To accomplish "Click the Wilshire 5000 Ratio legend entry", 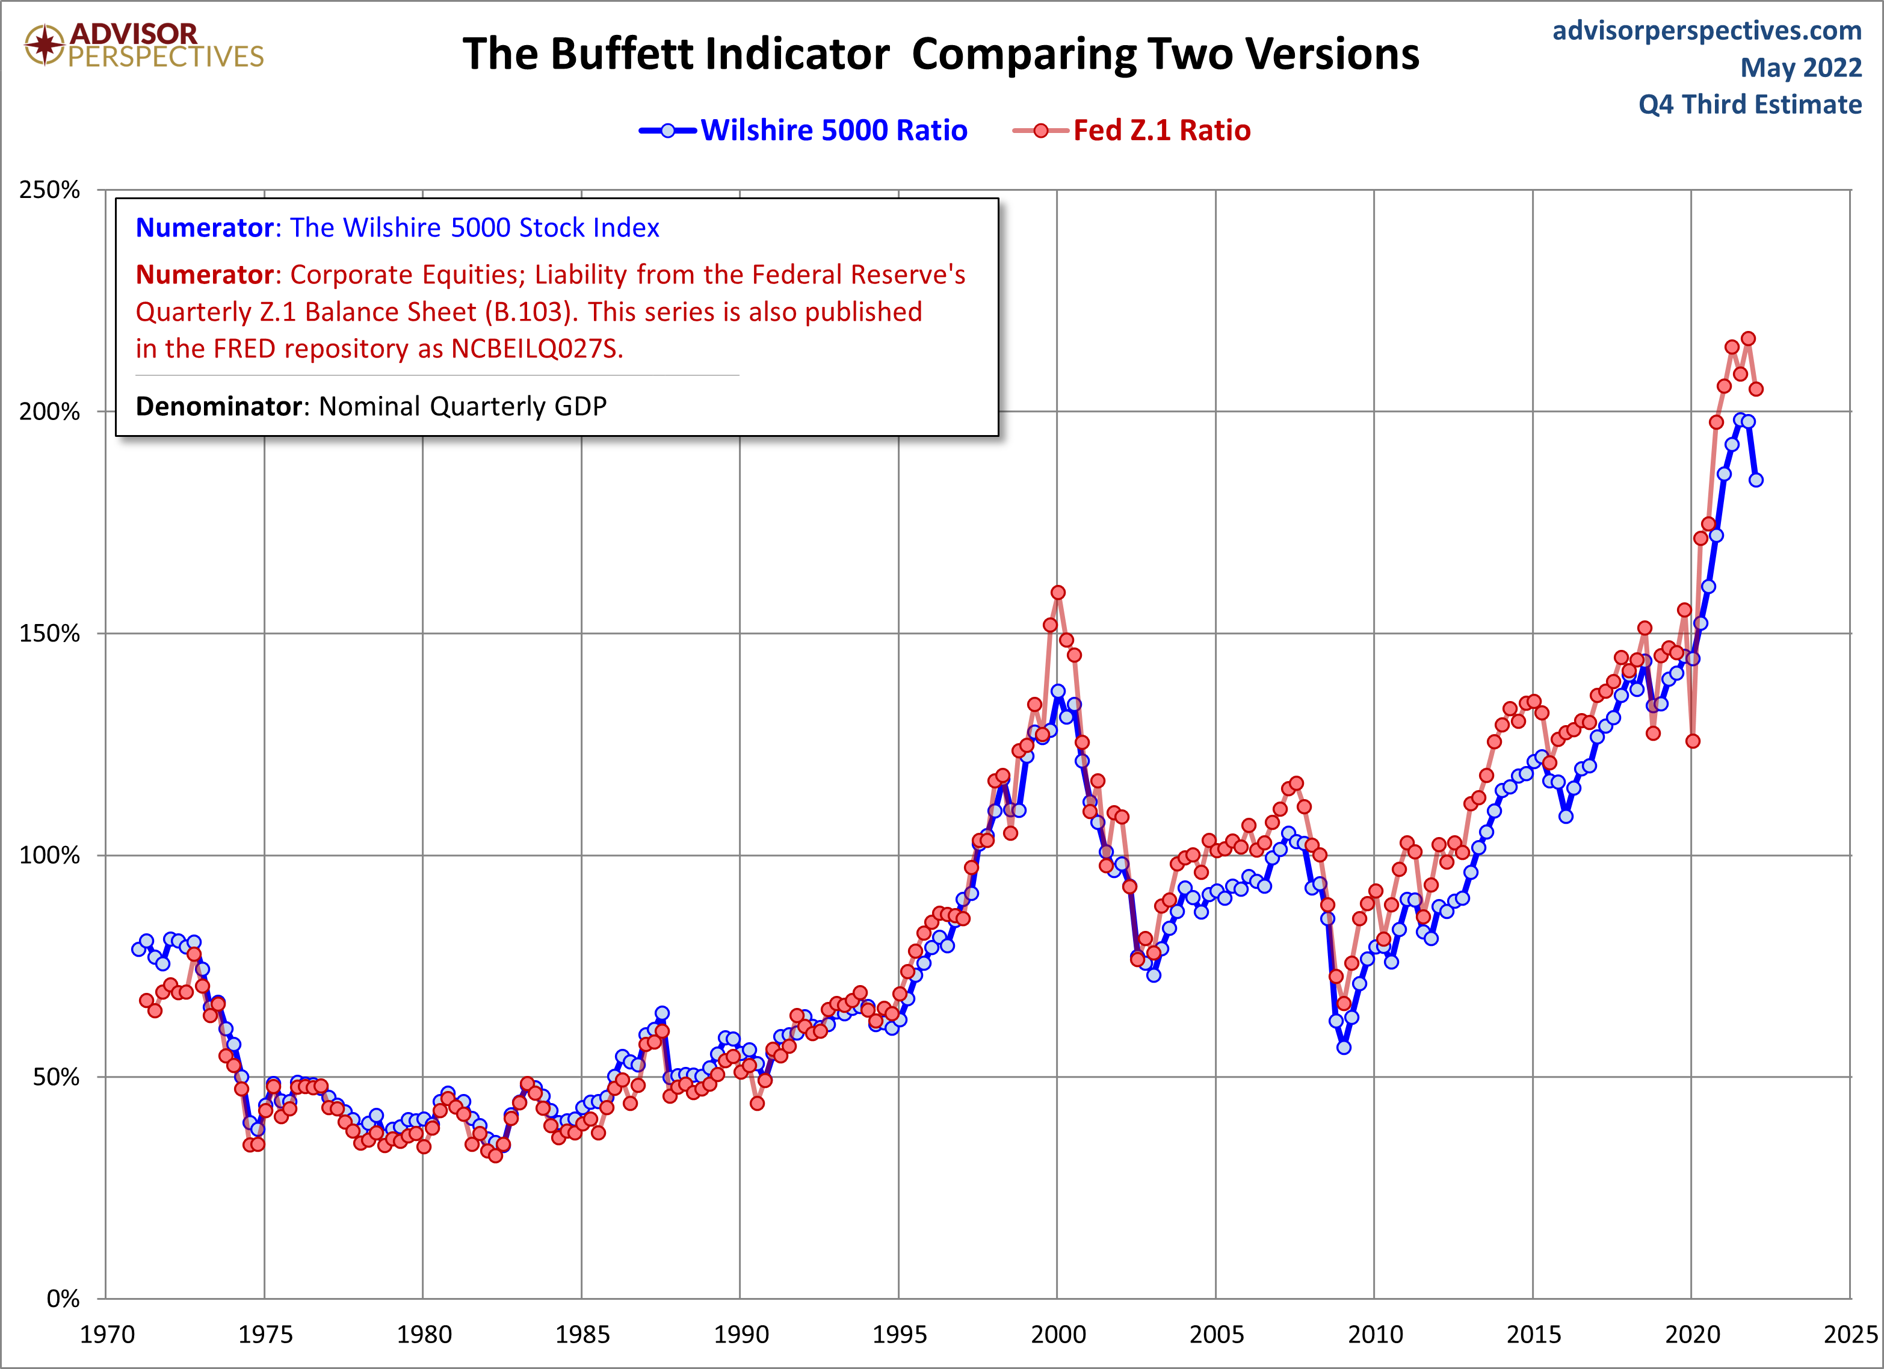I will (833, 131).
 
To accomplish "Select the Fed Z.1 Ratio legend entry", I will (1161, 131).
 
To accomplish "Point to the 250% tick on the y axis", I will (50, 190).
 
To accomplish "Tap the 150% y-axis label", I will (50, 634).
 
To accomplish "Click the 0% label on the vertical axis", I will (63, 1299).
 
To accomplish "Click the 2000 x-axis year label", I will (1057, 1334).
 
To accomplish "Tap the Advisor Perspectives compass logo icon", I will (44, 44).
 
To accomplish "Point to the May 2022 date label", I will (1800, 67).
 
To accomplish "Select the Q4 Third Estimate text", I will (1749, 105).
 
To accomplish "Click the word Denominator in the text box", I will (218, 406).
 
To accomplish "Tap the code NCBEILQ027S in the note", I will (536, 349).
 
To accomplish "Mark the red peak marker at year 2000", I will (1057, 592).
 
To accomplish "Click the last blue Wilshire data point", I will (1756, 480).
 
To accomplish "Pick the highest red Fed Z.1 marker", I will (1748, 338).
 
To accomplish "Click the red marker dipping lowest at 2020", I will (1693, 741).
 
